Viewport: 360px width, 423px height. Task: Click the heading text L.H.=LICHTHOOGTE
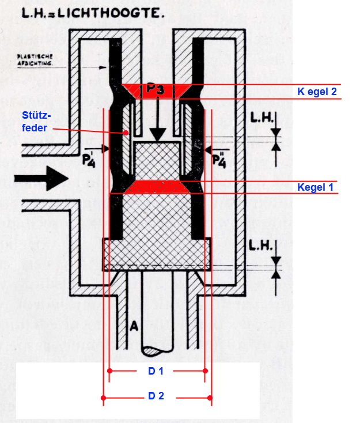93,13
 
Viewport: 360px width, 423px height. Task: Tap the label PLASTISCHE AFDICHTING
35,60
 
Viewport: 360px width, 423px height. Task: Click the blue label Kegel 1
315,187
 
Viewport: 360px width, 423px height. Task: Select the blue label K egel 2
317,92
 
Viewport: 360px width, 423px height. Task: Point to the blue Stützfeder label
36,122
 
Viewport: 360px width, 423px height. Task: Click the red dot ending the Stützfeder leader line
126,133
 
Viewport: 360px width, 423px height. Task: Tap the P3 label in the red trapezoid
155,89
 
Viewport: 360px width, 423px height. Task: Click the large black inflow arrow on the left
41,178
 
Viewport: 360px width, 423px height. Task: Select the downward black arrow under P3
158,120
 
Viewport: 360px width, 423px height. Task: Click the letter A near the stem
134,326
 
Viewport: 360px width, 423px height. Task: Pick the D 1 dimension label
156,371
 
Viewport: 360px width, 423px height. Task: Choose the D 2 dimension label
156,396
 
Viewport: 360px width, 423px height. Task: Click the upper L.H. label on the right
261,118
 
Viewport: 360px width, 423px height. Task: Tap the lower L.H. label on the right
260,246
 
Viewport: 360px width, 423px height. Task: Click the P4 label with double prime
219,160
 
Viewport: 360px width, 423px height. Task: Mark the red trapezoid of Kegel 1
157,187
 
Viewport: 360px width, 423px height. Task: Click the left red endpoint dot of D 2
103,398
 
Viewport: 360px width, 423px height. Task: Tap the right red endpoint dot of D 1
205,371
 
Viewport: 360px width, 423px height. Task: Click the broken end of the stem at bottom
157,352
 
